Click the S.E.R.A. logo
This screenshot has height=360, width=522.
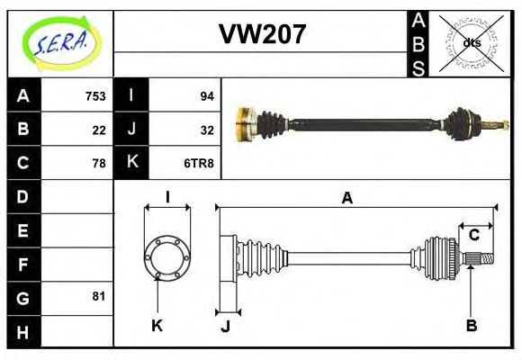[x=60, y=43]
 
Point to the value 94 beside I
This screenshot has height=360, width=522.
[x=206, y=96]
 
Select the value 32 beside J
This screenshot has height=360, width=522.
[x=206, y=130]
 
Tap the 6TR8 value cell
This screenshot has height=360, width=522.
[x=198, y=163]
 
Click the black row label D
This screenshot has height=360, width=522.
[x=22, y=196]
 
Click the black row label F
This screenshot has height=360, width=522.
[x=22, y=264]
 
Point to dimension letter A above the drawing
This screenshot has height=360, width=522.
[x=346, y=199]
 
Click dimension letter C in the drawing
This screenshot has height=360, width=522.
[x=473, y=236]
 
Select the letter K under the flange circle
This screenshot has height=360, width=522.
[x=157, y=325]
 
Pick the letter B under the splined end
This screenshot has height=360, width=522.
[x=472, y=325]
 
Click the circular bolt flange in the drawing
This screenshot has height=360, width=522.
[x=166, y=257]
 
